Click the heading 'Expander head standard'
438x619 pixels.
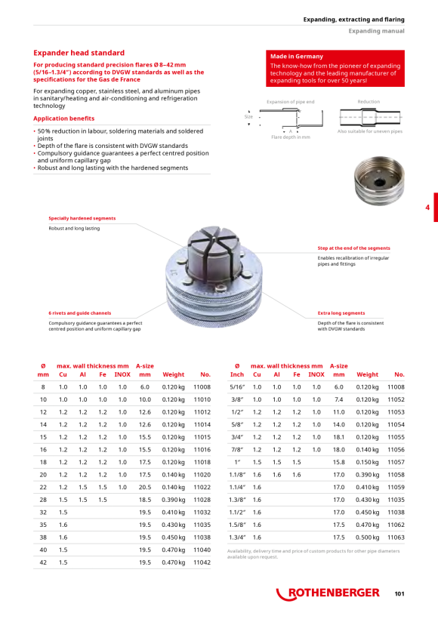click(x=79, y=53)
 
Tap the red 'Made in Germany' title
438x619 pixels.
click(x=297, y=57)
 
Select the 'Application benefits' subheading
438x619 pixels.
click(x=63, y=119)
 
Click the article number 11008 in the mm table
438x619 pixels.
click(x=202, y=387)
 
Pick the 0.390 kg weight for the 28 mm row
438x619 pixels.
click(x=173, y=500)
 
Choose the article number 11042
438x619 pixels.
click(x=202, y=562)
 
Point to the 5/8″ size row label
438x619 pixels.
click(x=237, y=425)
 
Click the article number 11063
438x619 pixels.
click(x=396, y=537)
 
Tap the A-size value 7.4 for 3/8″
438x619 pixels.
click(x=339, y=399)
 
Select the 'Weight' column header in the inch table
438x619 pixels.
click(x=367, y=374)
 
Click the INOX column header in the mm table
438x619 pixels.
click(x=122, y=374)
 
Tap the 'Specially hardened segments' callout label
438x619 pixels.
click(x=82, y=218)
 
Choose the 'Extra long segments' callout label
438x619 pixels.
click(x=341, y=313)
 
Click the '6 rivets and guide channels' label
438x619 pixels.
click(x=80, y=313)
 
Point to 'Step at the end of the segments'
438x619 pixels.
click(x=354, y=248)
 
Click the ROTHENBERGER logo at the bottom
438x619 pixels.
click(x=328, y=593)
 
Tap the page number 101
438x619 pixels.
click(x=399, y=594)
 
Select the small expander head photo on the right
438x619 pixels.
click(x=379, y=181)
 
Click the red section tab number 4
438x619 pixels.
click(x=427, y=208)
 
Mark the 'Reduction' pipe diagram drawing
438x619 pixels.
click(x=371, y=117)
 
